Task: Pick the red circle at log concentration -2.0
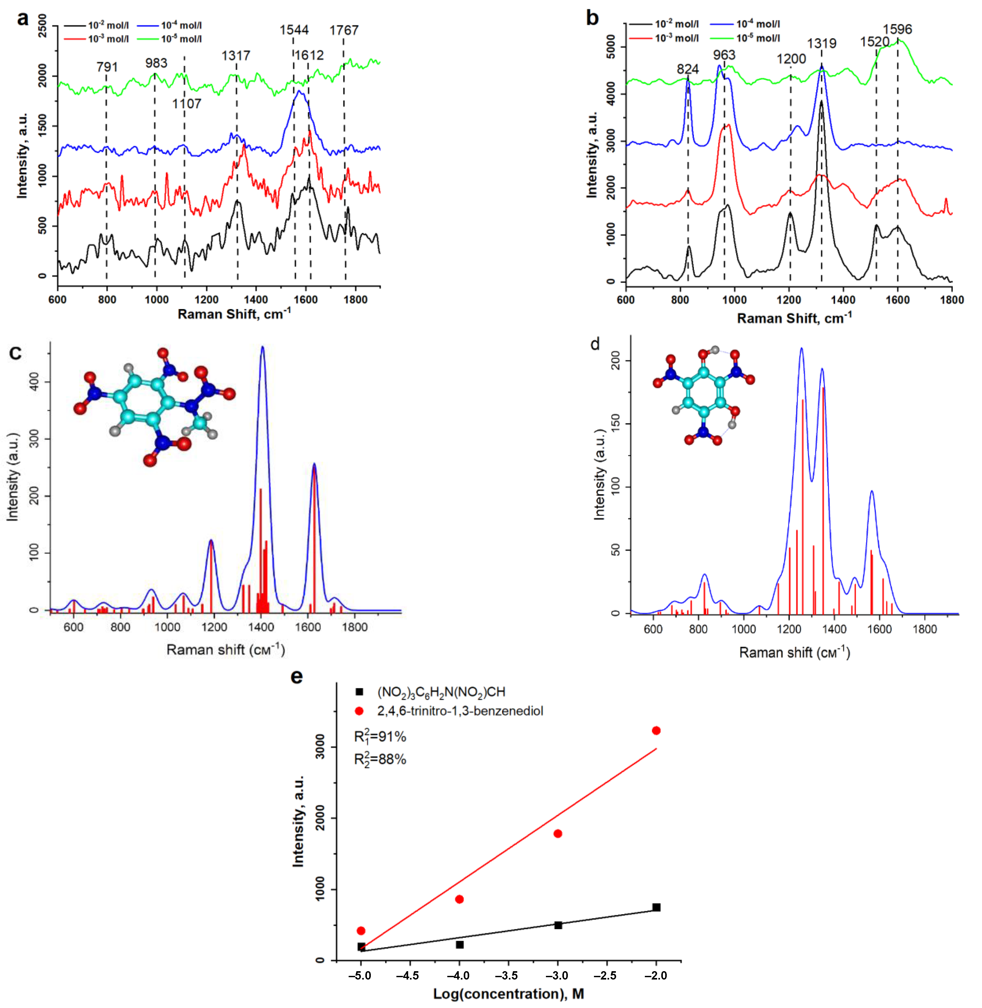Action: [656, 730]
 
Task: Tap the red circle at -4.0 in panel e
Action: [460, 899]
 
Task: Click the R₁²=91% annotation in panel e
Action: [380, 737]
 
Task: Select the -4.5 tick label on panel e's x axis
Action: [410, 976]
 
